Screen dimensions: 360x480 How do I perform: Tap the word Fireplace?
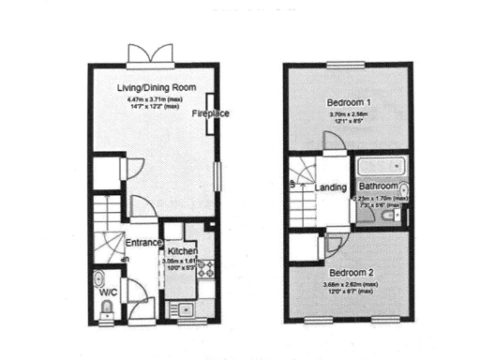point(211,113)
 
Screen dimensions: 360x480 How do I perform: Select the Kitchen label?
point(181,251)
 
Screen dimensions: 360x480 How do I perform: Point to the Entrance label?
point(143,242)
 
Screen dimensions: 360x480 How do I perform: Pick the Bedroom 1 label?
point(347,101)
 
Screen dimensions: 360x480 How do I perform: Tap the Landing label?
point(331,187)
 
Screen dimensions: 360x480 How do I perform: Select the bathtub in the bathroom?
point(379,168)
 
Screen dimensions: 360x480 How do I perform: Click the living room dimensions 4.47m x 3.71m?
point(156,100)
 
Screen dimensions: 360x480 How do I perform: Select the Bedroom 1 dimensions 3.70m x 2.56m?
point(347,114)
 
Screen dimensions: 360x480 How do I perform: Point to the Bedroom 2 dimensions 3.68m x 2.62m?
point(347,283)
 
